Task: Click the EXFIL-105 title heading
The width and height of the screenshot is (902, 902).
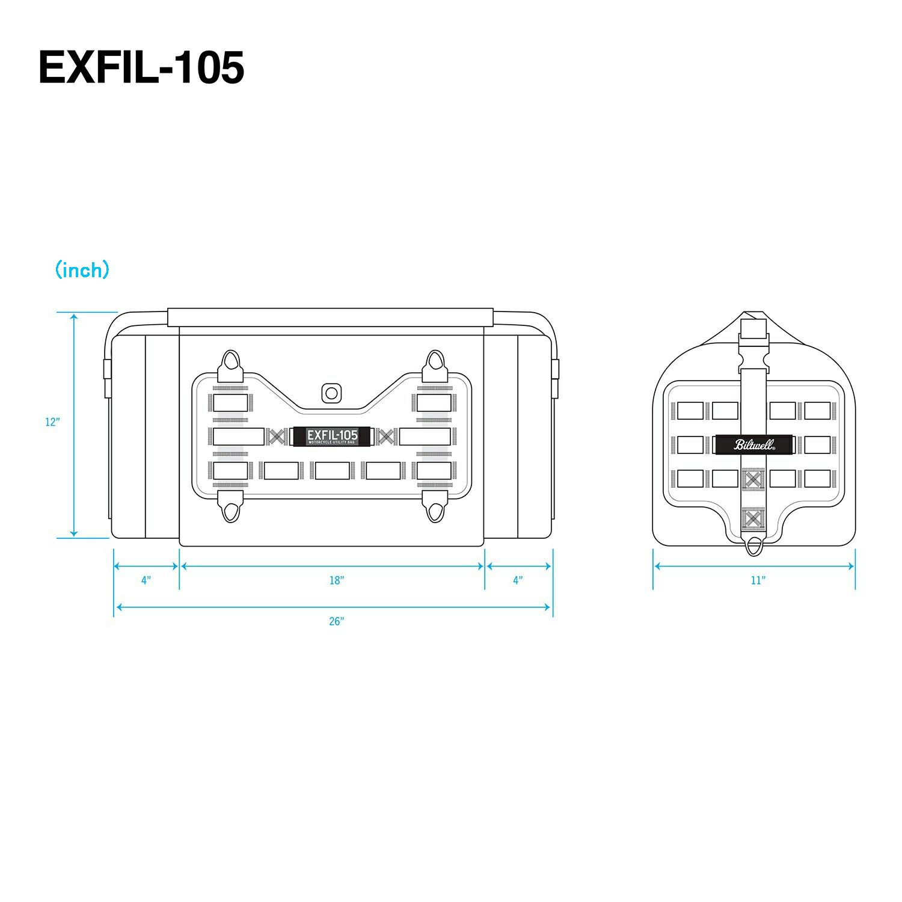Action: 141,67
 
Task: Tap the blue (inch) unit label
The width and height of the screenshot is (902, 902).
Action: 82,270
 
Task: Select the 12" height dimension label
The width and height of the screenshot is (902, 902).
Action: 52,422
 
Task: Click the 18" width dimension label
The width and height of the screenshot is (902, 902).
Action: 336,580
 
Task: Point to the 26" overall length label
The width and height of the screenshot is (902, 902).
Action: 336,621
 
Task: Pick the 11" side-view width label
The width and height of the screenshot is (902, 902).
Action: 758,580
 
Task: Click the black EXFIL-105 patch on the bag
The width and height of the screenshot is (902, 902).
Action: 332,437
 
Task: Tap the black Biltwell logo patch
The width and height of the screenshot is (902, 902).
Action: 754,445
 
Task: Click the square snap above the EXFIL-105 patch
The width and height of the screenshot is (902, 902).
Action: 330,393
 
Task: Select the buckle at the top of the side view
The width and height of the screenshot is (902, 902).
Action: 754,348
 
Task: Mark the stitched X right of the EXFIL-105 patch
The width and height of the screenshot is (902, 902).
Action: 387,437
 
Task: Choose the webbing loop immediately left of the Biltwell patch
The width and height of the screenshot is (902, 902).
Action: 690,445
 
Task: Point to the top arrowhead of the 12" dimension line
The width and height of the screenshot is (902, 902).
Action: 74,316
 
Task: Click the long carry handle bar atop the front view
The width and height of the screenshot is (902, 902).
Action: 330,318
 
